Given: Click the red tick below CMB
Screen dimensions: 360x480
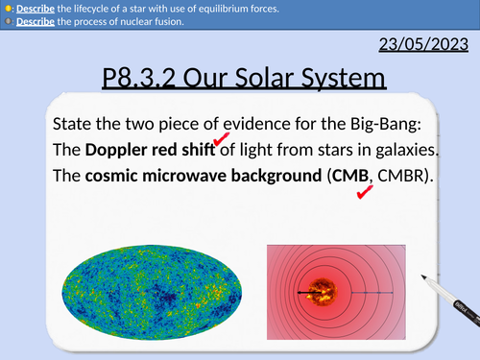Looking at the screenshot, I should click(x=365, y=194).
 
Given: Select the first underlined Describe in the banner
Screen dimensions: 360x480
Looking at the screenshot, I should click(x=29, y=9).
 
